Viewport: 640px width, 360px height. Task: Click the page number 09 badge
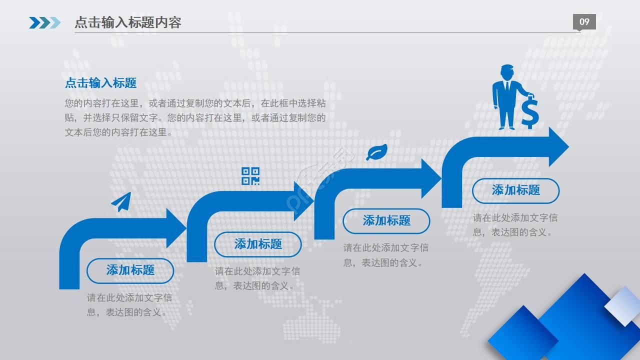tap(584, 21)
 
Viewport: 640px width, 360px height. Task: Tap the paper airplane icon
tap(121, 202)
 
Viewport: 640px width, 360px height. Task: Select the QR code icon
tap(250, 176)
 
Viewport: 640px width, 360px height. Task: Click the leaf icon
tap(377, 152)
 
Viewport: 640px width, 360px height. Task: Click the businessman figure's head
tap(507, 72)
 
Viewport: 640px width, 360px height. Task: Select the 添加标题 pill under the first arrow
tap(130, 271)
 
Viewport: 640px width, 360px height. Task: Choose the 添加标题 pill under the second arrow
tap(258, 244)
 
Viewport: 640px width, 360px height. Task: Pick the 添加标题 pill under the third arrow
tap(386, 221)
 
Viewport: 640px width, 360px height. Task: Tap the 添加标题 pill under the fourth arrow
tap(515, 191)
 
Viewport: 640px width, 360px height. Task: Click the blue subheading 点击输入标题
tap(101, 83)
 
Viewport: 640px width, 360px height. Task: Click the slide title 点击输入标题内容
tap(127, 22)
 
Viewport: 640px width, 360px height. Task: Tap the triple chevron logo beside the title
tap(45, 23)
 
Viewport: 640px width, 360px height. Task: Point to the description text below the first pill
tap(129, 305)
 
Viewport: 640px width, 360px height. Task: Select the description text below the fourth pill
tap(515, 225)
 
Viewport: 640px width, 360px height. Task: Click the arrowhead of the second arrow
tap(303, 201)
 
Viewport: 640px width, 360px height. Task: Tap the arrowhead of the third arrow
tap(431, 178)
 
